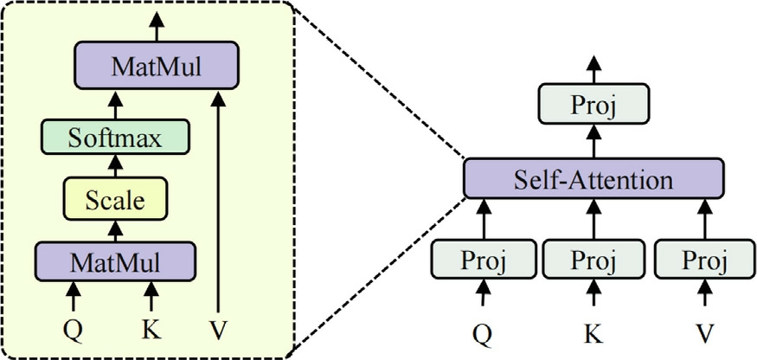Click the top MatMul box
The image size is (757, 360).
pos(157,65)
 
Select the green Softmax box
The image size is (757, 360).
pos(115,138)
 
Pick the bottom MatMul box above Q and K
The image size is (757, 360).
pos(115,259)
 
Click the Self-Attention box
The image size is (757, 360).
pos(592,180)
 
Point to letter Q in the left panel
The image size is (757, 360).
pos(73,330)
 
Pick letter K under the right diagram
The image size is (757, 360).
pos(593,331)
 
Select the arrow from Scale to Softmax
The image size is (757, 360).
pos(115,168)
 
